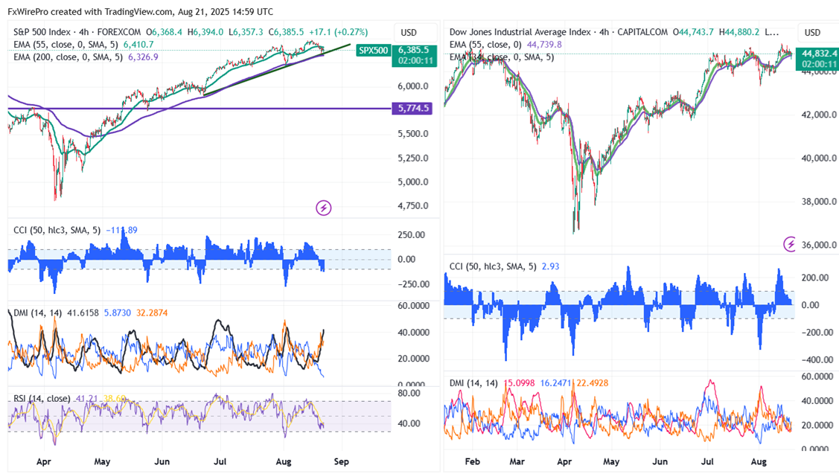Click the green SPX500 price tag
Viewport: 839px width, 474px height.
click(371, 51)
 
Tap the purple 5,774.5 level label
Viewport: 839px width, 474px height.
click(413, 108)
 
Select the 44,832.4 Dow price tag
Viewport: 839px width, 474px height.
click(817, 53)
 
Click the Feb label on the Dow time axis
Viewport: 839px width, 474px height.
click(471, 461)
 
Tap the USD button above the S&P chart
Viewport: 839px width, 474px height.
click(409, 33)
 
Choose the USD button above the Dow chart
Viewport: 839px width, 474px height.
click(812, 33)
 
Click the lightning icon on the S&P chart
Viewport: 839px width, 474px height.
click(323, 207)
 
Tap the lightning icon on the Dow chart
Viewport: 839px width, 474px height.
click(791, 243)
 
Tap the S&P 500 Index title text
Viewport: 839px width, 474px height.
click(44, 32)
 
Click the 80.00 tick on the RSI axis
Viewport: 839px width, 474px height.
click(411, 392)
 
